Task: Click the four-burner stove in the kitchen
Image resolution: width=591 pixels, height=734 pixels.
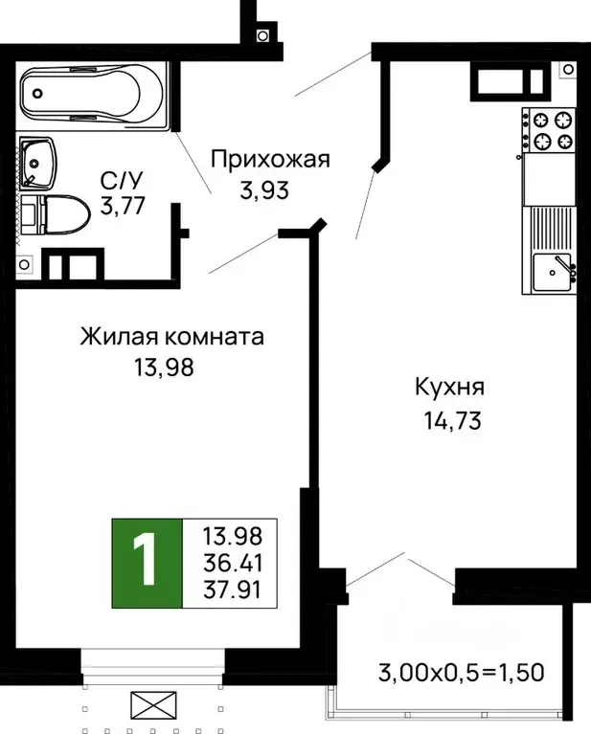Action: pyautogui.click(x=550, y=131)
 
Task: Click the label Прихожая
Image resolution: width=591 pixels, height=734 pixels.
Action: pyautogui.click(x=269, y=159)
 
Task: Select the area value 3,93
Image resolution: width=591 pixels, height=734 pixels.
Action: pyautogui.click(x=263, y=189)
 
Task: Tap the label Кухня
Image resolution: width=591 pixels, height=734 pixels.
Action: pyautogui.click(x=449, y=388)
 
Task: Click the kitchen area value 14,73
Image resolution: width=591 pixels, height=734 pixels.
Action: pyautogui.click(x=449, y=418)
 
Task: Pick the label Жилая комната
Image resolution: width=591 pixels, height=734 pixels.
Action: pyautogui.click(x=171, y=337)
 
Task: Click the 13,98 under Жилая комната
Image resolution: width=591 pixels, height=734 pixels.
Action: pyautogui.click(x=164, y=367)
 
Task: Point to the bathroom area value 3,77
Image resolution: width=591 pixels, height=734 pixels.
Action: pyautogui.click(x=122, y=206)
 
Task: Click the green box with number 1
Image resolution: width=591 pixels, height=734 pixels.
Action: pyautogui.click(x=147, y=564)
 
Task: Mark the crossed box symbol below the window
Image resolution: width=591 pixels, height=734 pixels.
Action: pyautogui.click(x=150, y=708)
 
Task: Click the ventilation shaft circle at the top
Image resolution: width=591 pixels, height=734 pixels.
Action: pyautogui.click(x=262, y=35)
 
